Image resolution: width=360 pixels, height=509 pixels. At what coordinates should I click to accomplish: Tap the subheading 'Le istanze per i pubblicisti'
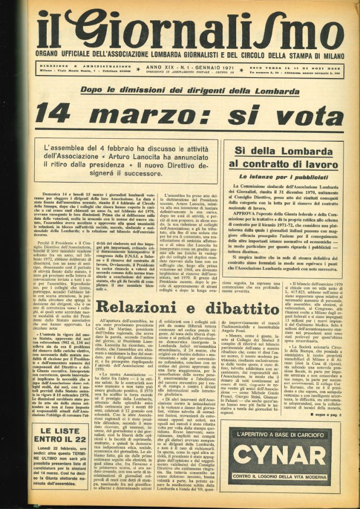283,176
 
